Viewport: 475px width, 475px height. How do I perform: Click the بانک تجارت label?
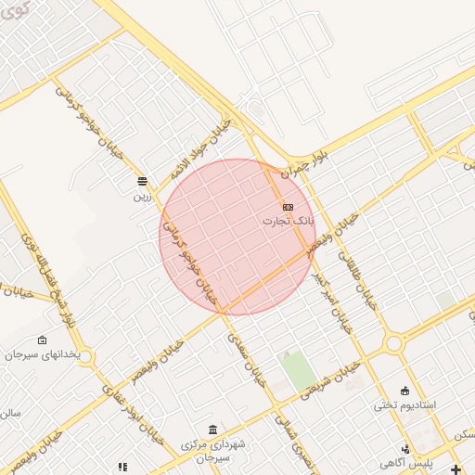288,222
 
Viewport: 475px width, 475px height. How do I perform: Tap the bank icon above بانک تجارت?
288,206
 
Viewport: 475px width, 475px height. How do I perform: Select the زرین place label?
141,196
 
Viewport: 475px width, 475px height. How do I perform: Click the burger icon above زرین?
141,181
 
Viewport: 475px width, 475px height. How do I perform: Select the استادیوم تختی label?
405,405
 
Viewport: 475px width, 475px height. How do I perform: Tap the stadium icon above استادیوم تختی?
404,390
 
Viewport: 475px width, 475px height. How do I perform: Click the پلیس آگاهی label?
405,463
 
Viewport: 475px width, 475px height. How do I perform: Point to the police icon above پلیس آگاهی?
405,449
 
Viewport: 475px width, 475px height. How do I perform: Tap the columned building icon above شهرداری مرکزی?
214,430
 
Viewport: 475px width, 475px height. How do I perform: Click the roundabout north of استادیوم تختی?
393,344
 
